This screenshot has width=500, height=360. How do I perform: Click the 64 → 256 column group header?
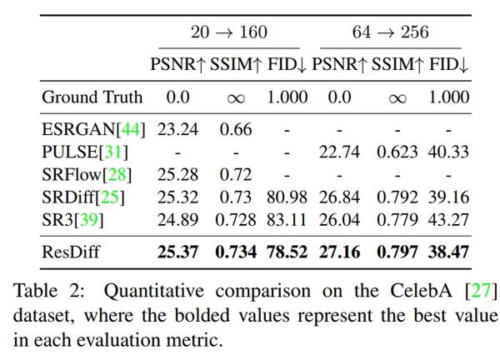tap(390, 32)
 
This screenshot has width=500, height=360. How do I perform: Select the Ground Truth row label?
tap(92, 97)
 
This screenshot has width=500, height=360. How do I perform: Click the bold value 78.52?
tap(287, 252)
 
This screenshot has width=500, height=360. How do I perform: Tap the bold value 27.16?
tap(339, 252)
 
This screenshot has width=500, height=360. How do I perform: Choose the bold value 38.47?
tap(448, 252)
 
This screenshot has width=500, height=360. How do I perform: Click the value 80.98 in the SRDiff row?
tap(287, 197)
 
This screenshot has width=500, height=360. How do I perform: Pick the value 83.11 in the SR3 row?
tap(287, 219)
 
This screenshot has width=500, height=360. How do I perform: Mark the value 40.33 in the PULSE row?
tap(448, 152)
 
